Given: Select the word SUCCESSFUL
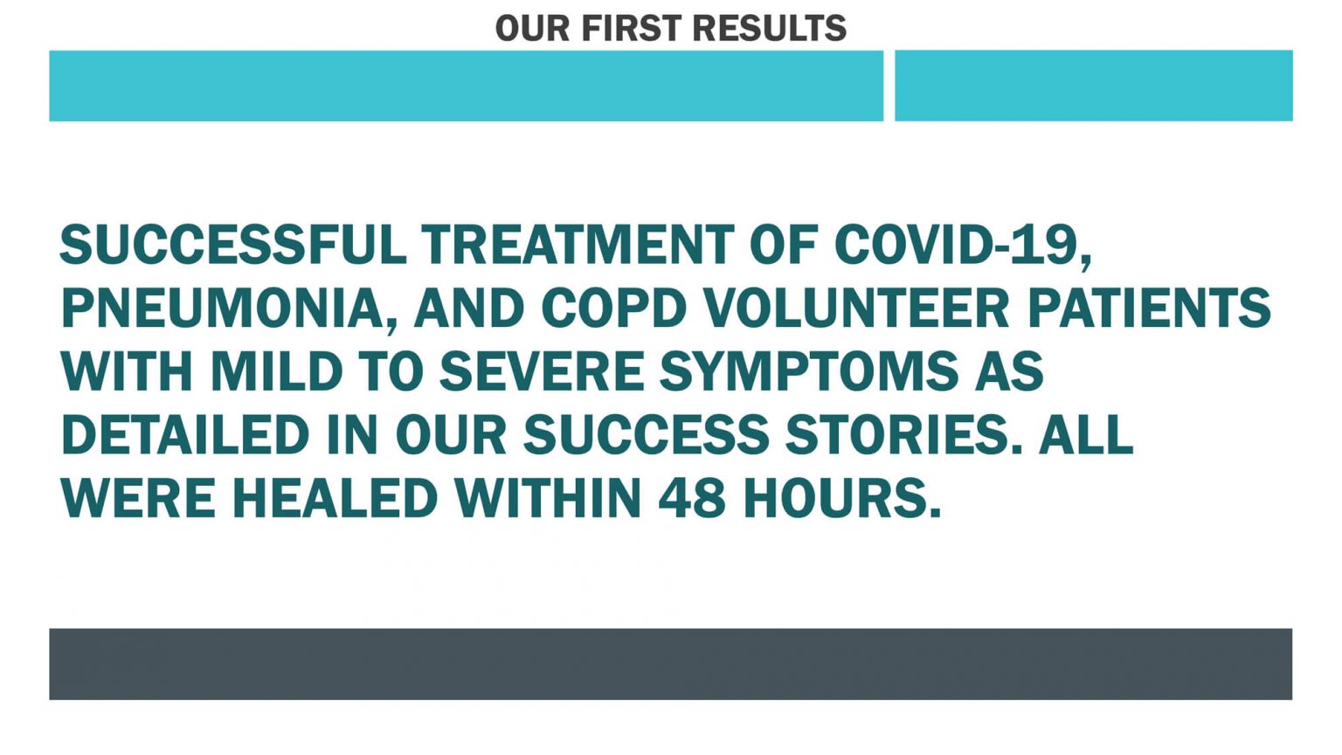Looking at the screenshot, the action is (x=233, y=245).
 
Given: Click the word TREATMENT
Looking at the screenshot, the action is (x=578, y=245).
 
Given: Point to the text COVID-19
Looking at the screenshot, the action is (x=963, y=246).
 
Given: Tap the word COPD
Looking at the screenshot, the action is (x=613, y=308).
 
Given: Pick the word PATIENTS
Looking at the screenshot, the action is (x=1149, y=308).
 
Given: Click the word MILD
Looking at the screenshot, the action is (x=276, y=371).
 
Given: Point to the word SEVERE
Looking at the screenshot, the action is (x=543, y=371).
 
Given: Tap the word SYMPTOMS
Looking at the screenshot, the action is (x=809, y=371).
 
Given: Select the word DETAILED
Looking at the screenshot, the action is (x=185, y=435).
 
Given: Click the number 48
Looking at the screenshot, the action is (x=692, y=499).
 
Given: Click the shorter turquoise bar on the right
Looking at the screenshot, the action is (x=1093, y=86).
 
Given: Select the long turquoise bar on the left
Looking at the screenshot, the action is (x=466, y=86).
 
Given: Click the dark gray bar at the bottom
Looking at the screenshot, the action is (x=670, y=664).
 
